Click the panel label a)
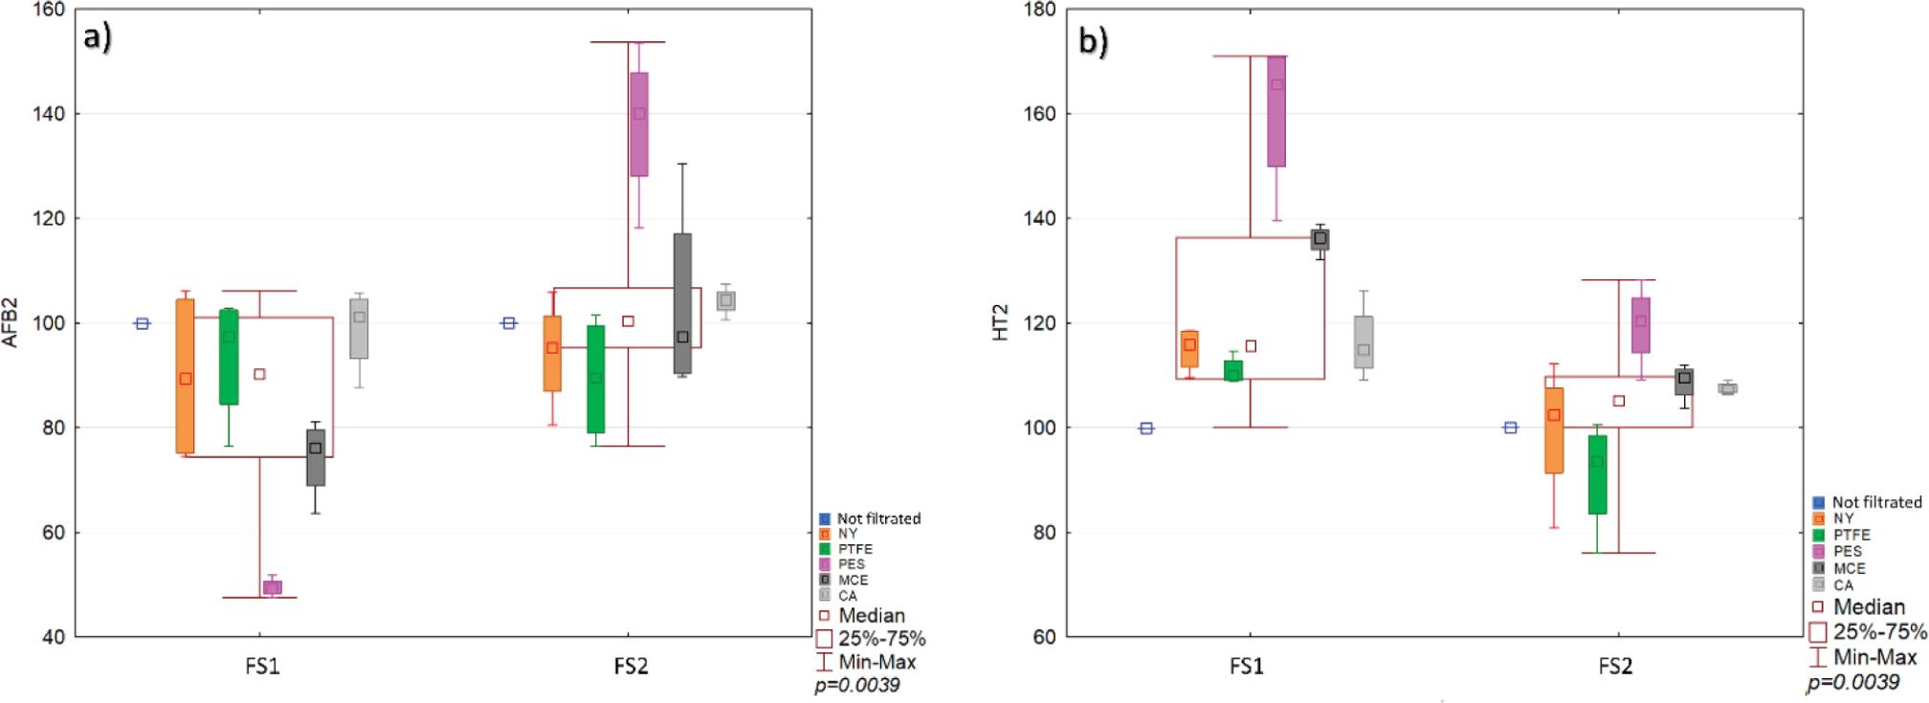pos(98,40)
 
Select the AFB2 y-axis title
pos(12,323)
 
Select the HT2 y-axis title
pos(1002,323)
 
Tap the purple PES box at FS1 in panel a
pos(272,587)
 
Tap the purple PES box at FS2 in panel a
pos(638,124)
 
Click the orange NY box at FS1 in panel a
pos(186,376)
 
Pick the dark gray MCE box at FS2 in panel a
pos(682,303)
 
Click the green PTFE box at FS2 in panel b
pos(1596,474)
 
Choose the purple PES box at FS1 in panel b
pos(1276,111)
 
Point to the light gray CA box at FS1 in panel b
pos(1364,342)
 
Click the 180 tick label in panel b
pos(1039,10)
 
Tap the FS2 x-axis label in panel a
pos(631,667)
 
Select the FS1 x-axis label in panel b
pos(1246,667)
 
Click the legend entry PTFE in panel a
pos(854,549)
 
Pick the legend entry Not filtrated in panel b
pos(1875,502)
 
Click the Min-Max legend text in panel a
pos(876,661)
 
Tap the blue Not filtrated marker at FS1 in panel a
pos(142,323)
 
